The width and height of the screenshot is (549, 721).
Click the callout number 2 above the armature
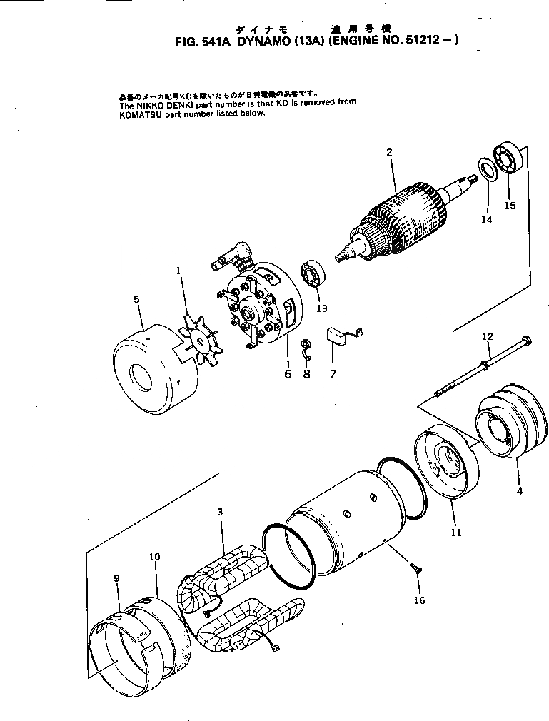click(x=389, y=151)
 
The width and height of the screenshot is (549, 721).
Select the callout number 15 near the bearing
click(x=510, y=206)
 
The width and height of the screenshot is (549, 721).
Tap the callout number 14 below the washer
click(x=486, y=220)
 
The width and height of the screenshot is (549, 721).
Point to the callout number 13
click(x=322, y=308)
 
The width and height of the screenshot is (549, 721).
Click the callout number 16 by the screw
click(x=419, y=600)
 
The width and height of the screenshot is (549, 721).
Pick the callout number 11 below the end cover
click(x=456, y=532)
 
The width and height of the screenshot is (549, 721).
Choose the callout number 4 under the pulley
click(x=519, y=490)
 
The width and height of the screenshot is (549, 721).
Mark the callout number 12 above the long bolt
click(x=488, y=336)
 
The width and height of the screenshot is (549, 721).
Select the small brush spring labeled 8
click(x=306, y=346)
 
